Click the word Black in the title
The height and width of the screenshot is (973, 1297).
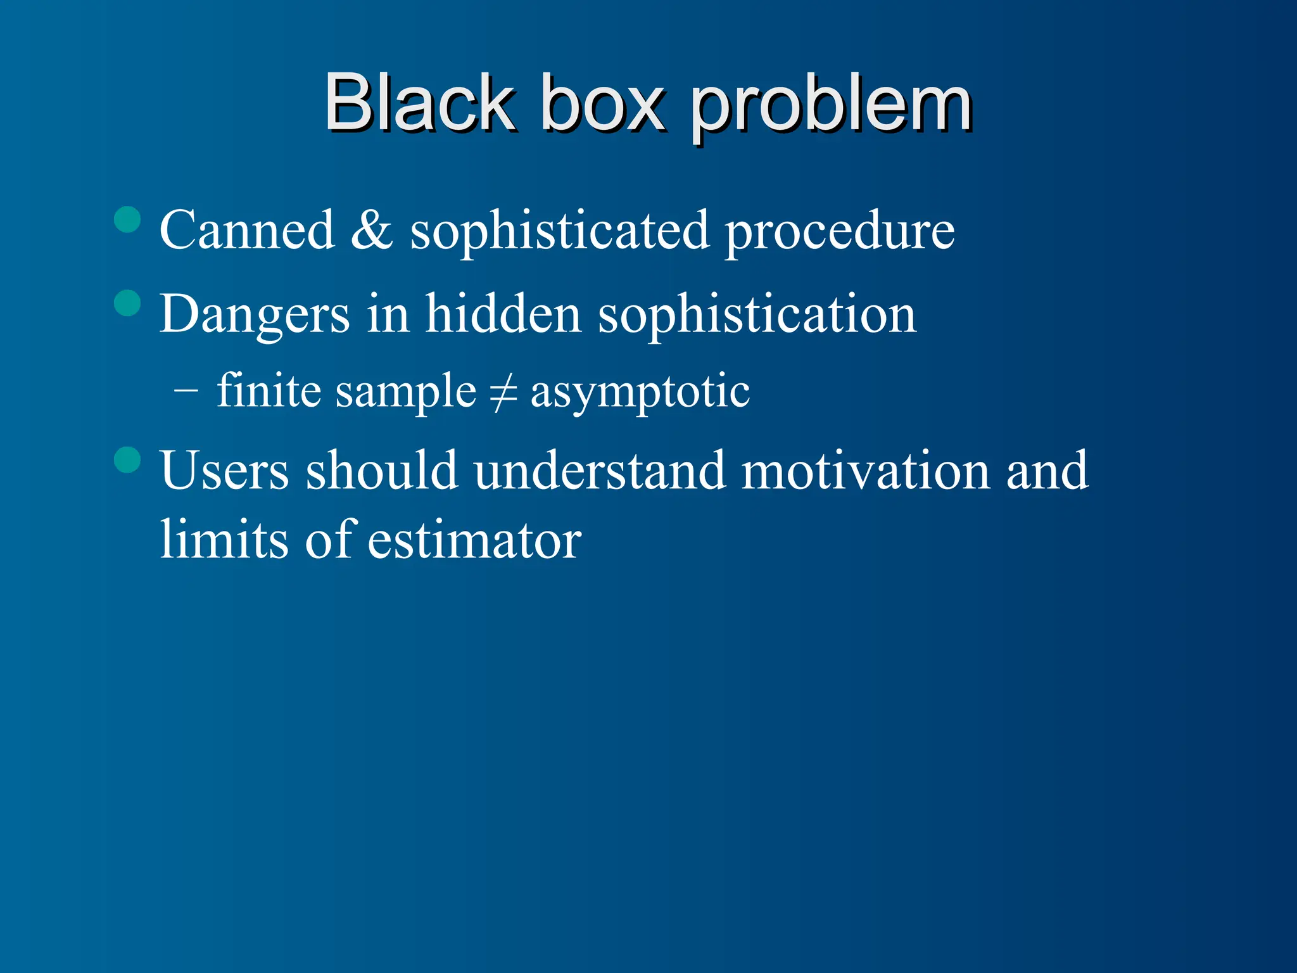pos(419,103)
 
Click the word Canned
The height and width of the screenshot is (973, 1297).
pos(247,230)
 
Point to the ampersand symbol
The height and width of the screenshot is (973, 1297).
pos(372,230)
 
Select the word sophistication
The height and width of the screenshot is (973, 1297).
pos(757,315)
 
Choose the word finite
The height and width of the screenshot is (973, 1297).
pos(269,390)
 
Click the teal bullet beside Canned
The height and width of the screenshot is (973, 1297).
pos(127,219)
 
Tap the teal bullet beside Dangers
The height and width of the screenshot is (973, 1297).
pos(127,303)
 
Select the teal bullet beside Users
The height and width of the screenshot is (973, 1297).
pos(127,460)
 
